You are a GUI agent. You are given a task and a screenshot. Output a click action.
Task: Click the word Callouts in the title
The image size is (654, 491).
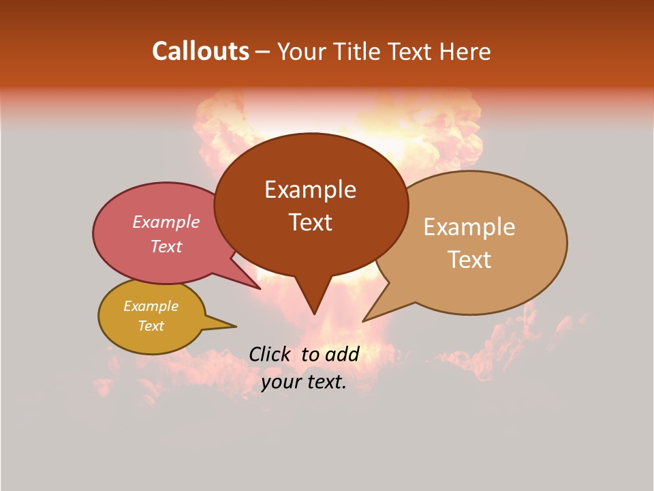(200, 51)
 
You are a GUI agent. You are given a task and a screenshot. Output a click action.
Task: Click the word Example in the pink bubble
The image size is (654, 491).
(166, 222)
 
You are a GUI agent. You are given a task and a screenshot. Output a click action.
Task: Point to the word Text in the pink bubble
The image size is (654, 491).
(166, 247)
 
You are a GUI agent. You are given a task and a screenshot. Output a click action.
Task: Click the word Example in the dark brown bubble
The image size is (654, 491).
(310, 190)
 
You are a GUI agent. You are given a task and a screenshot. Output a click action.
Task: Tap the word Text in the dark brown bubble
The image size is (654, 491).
(310, 222)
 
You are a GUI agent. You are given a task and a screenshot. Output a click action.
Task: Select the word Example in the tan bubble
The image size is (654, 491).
(469, 227)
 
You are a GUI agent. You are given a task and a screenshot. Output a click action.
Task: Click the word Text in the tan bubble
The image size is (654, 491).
(469, 260)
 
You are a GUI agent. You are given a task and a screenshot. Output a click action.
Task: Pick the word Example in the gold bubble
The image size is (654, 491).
(151, 306)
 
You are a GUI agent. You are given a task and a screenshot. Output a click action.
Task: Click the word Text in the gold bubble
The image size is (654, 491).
(151, 326)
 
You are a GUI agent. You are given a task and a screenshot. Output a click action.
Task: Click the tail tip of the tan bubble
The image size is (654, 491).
(364, 321)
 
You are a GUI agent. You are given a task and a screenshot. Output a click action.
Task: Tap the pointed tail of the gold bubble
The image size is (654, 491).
(235, 326)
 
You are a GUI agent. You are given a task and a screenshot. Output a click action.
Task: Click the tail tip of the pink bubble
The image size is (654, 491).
(260, 288)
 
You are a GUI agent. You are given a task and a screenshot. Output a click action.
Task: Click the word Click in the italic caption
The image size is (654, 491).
(270, 354)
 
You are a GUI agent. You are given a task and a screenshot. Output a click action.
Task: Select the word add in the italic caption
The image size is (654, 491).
(342, 354)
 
